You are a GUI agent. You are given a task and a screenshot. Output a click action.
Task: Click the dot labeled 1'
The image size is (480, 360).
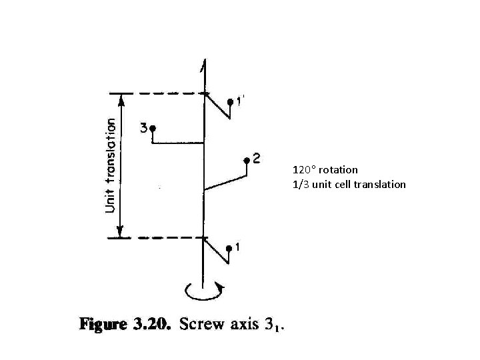point(230,102)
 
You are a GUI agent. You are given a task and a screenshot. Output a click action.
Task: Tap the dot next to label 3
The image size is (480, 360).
point(153,127)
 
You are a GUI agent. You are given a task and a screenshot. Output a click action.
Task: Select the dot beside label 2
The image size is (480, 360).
point(247,160)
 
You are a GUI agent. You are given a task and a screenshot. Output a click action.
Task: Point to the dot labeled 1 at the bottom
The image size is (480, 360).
point(229,249)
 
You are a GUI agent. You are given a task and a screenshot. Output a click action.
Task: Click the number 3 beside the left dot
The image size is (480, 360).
point(143,127)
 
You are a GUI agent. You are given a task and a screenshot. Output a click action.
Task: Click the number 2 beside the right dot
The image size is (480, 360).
point(257,159)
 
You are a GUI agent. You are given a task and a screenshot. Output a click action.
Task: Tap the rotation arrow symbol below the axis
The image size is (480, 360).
point(203,291)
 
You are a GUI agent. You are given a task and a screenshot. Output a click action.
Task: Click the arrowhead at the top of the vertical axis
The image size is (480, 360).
point(203,65)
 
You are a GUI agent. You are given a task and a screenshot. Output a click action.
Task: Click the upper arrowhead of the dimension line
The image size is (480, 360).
point(120,100)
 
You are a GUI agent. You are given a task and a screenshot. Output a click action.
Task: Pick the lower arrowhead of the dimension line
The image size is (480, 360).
point(120,231)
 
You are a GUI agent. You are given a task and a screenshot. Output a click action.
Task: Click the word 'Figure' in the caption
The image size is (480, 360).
point(103,325)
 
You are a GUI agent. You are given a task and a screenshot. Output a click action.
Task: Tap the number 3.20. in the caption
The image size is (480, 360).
point(152,325)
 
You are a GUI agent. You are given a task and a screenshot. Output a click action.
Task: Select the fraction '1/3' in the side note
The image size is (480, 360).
point(300,184)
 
